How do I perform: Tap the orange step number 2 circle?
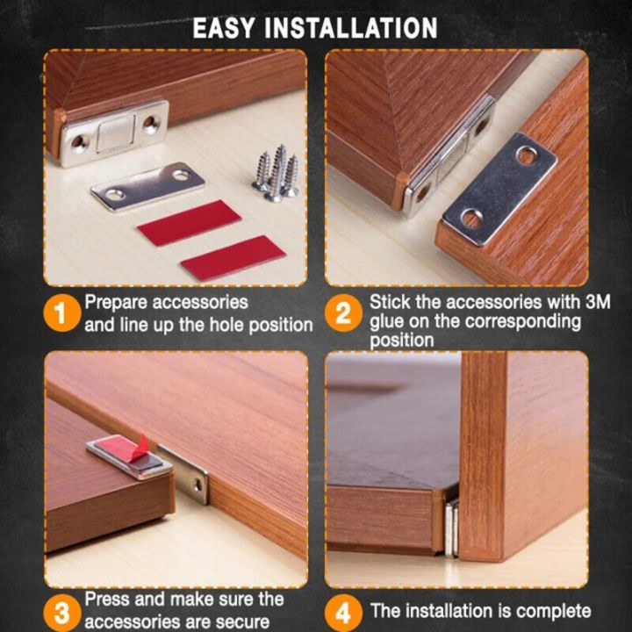[344, 314]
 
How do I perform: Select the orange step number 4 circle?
[344, 611]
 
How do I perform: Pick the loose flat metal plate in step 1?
[147, 185]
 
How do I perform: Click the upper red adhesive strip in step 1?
[189, 222]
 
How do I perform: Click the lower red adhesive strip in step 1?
[233, 257]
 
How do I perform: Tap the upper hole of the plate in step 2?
[526, 155]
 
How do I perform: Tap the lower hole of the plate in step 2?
[471, 217]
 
